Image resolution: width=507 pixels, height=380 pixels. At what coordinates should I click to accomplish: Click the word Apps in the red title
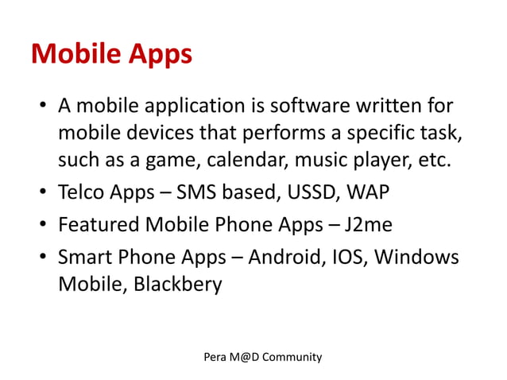(156, 54)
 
